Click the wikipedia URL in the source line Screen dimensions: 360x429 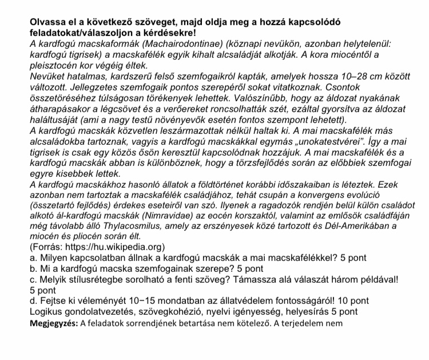(x=111, y=250)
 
